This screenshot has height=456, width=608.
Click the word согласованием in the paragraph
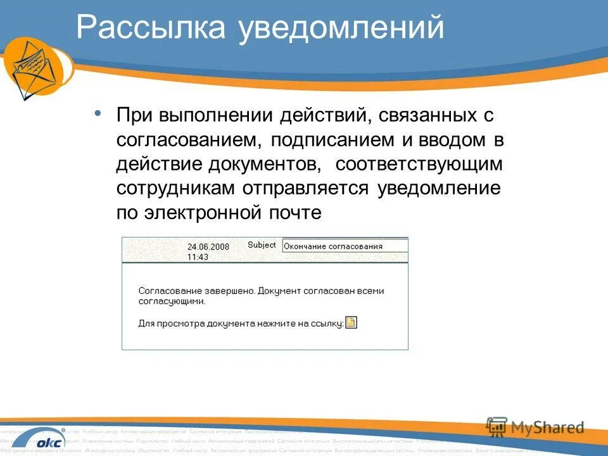[x=183, y=139]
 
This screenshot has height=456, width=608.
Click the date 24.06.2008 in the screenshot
[x=208, y=247]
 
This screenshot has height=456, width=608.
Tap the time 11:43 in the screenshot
[x=198, y=257]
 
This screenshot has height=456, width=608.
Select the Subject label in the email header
[x=262, y=245]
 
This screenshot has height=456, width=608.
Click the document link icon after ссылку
[x=351, y=322]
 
